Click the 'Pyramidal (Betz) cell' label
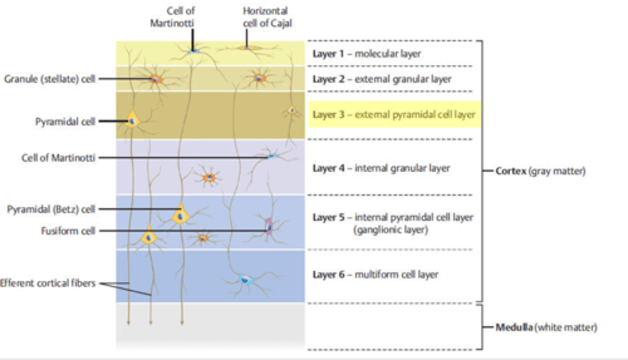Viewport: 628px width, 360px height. [51, 209]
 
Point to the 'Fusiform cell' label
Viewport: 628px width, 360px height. [68, 231]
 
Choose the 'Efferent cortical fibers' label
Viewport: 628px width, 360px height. [48, 283]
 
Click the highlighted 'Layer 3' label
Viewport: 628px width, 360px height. [393, 115]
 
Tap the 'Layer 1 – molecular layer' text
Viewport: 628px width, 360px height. [366, 54]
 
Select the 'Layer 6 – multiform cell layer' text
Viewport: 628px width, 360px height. [375, 275]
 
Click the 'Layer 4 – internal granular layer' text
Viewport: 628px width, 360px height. [381, 168]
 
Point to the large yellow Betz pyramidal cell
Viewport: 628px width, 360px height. [180, 214]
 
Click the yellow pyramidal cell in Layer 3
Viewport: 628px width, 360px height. [132, 119]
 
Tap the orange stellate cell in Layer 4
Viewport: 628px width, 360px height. [210, 177]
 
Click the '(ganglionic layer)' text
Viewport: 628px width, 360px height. [390, 230]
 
